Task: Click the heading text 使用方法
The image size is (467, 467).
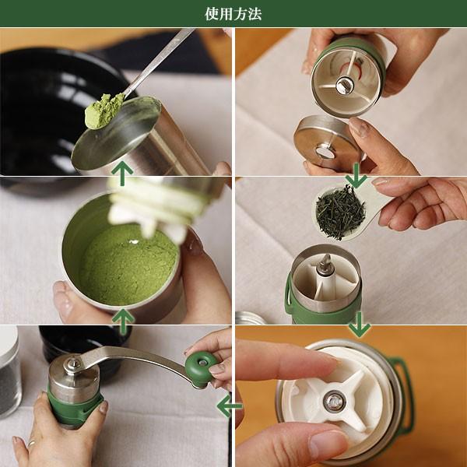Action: coord(233,14)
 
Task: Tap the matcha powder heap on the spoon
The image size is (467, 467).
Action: coord(104,111)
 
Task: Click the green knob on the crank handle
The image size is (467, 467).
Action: coord(201,369)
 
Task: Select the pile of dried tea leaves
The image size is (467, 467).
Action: coord(340,212)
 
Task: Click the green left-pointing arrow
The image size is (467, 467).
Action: coord(230,406)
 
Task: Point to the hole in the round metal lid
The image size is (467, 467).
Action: coord(325,151)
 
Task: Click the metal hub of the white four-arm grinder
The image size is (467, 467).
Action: coord(334,401)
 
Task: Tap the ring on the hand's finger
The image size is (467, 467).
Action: coord(32,444)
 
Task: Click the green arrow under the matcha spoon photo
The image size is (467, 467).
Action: coord(122,173)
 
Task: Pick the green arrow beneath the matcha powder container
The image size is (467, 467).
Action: coord(123,321)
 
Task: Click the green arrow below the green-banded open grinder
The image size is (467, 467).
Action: coord(360,325)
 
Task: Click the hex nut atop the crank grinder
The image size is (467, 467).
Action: coord(71,363)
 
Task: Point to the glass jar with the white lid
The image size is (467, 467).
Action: coord(9,370)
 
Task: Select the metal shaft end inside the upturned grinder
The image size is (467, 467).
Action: coord(343,85)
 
